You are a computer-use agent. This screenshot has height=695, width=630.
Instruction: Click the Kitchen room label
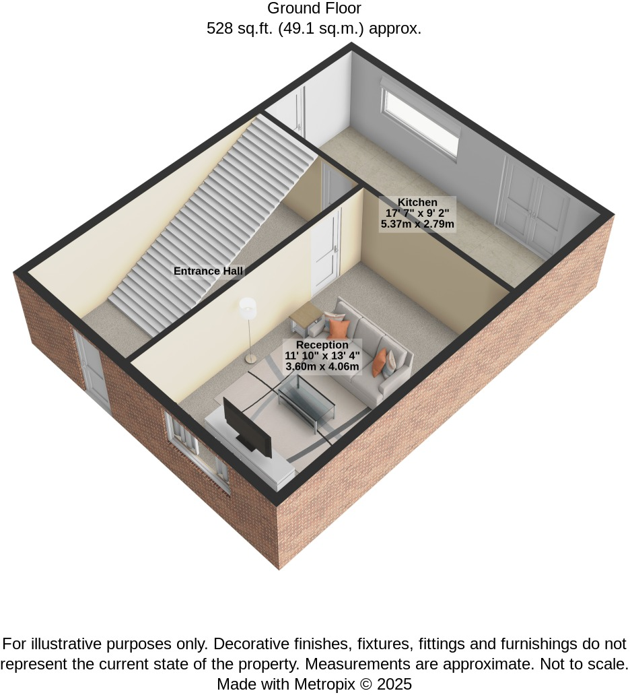(x=417, y=202)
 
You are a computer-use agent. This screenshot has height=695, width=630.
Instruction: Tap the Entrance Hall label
(x=208, y=271)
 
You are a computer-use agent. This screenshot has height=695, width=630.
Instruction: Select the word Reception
(x=322, y=345)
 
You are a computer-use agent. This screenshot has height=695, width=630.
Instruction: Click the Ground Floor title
(x=314, y=8)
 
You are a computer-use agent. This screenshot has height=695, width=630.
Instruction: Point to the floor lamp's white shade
(x=247, y=306)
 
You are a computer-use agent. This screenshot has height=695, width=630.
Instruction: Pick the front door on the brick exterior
(x=92, y=370)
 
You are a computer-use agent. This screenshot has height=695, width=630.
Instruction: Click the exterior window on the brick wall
(x=198, y=453)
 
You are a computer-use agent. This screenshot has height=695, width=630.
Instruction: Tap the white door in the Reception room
(x=326, y=251)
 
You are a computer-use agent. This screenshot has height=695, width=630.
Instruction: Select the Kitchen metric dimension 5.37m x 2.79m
(x=417, y=224)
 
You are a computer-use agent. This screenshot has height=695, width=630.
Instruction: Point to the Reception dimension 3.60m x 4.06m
(x=322, y=366)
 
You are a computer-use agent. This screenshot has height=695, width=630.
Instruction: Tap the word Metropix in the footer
(x=324, y=684)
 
